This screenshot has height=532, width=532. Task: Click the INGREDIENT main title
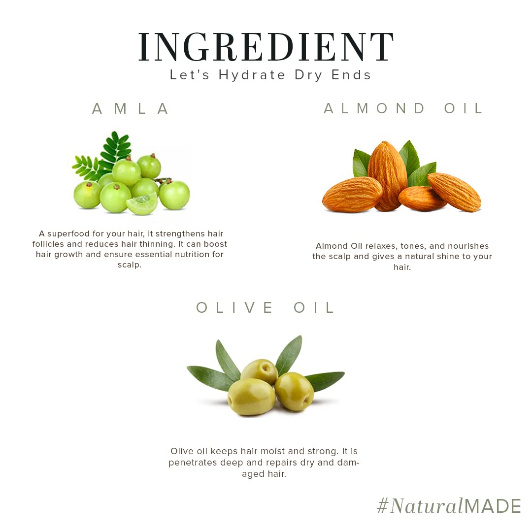click(266, 47)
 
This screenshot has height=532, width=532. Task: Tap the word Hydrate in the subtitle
click(252, 75)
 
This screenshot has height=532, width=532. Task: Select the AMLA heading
click(130, 108)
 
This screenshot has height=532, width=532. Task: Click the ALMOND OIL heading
click(403, 108)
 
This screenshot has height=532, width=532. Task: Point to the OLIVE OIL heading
click(266, 308)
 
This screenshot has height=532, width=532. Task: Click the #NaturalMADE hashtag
click(449, 506)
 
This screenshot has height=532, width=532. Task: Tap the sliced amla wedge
click(142, 203)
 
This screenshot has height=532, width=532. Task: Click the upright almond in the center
click(388, 175)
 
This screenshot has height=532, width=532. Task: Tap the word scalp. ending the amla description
click(129, 265)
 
